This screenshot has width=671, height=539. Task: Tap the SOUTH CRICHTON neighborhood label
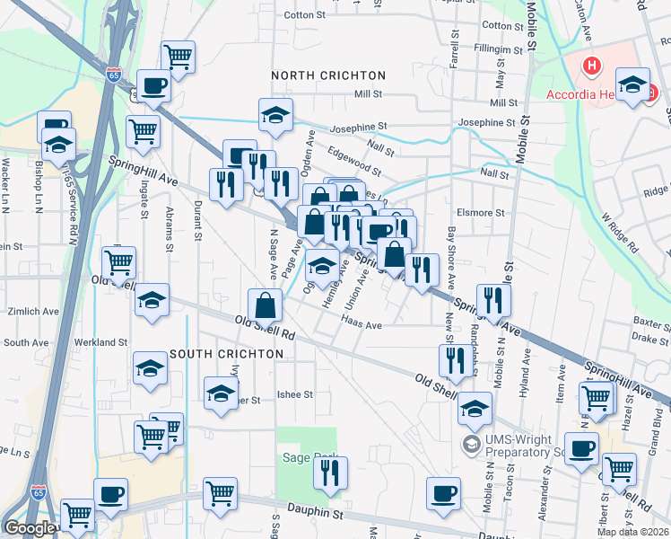(226, 354)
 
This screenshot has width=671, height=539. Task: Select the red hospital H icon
(591, 66)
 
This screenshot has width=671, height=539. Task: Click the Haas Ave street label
(362, 326)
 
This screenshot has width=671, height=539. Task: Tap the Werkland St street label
(101, 342)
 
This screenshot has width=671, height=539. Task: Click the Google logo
(29, 528)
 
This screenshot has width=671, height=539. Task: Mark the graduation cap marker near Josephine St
(276, 113)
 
